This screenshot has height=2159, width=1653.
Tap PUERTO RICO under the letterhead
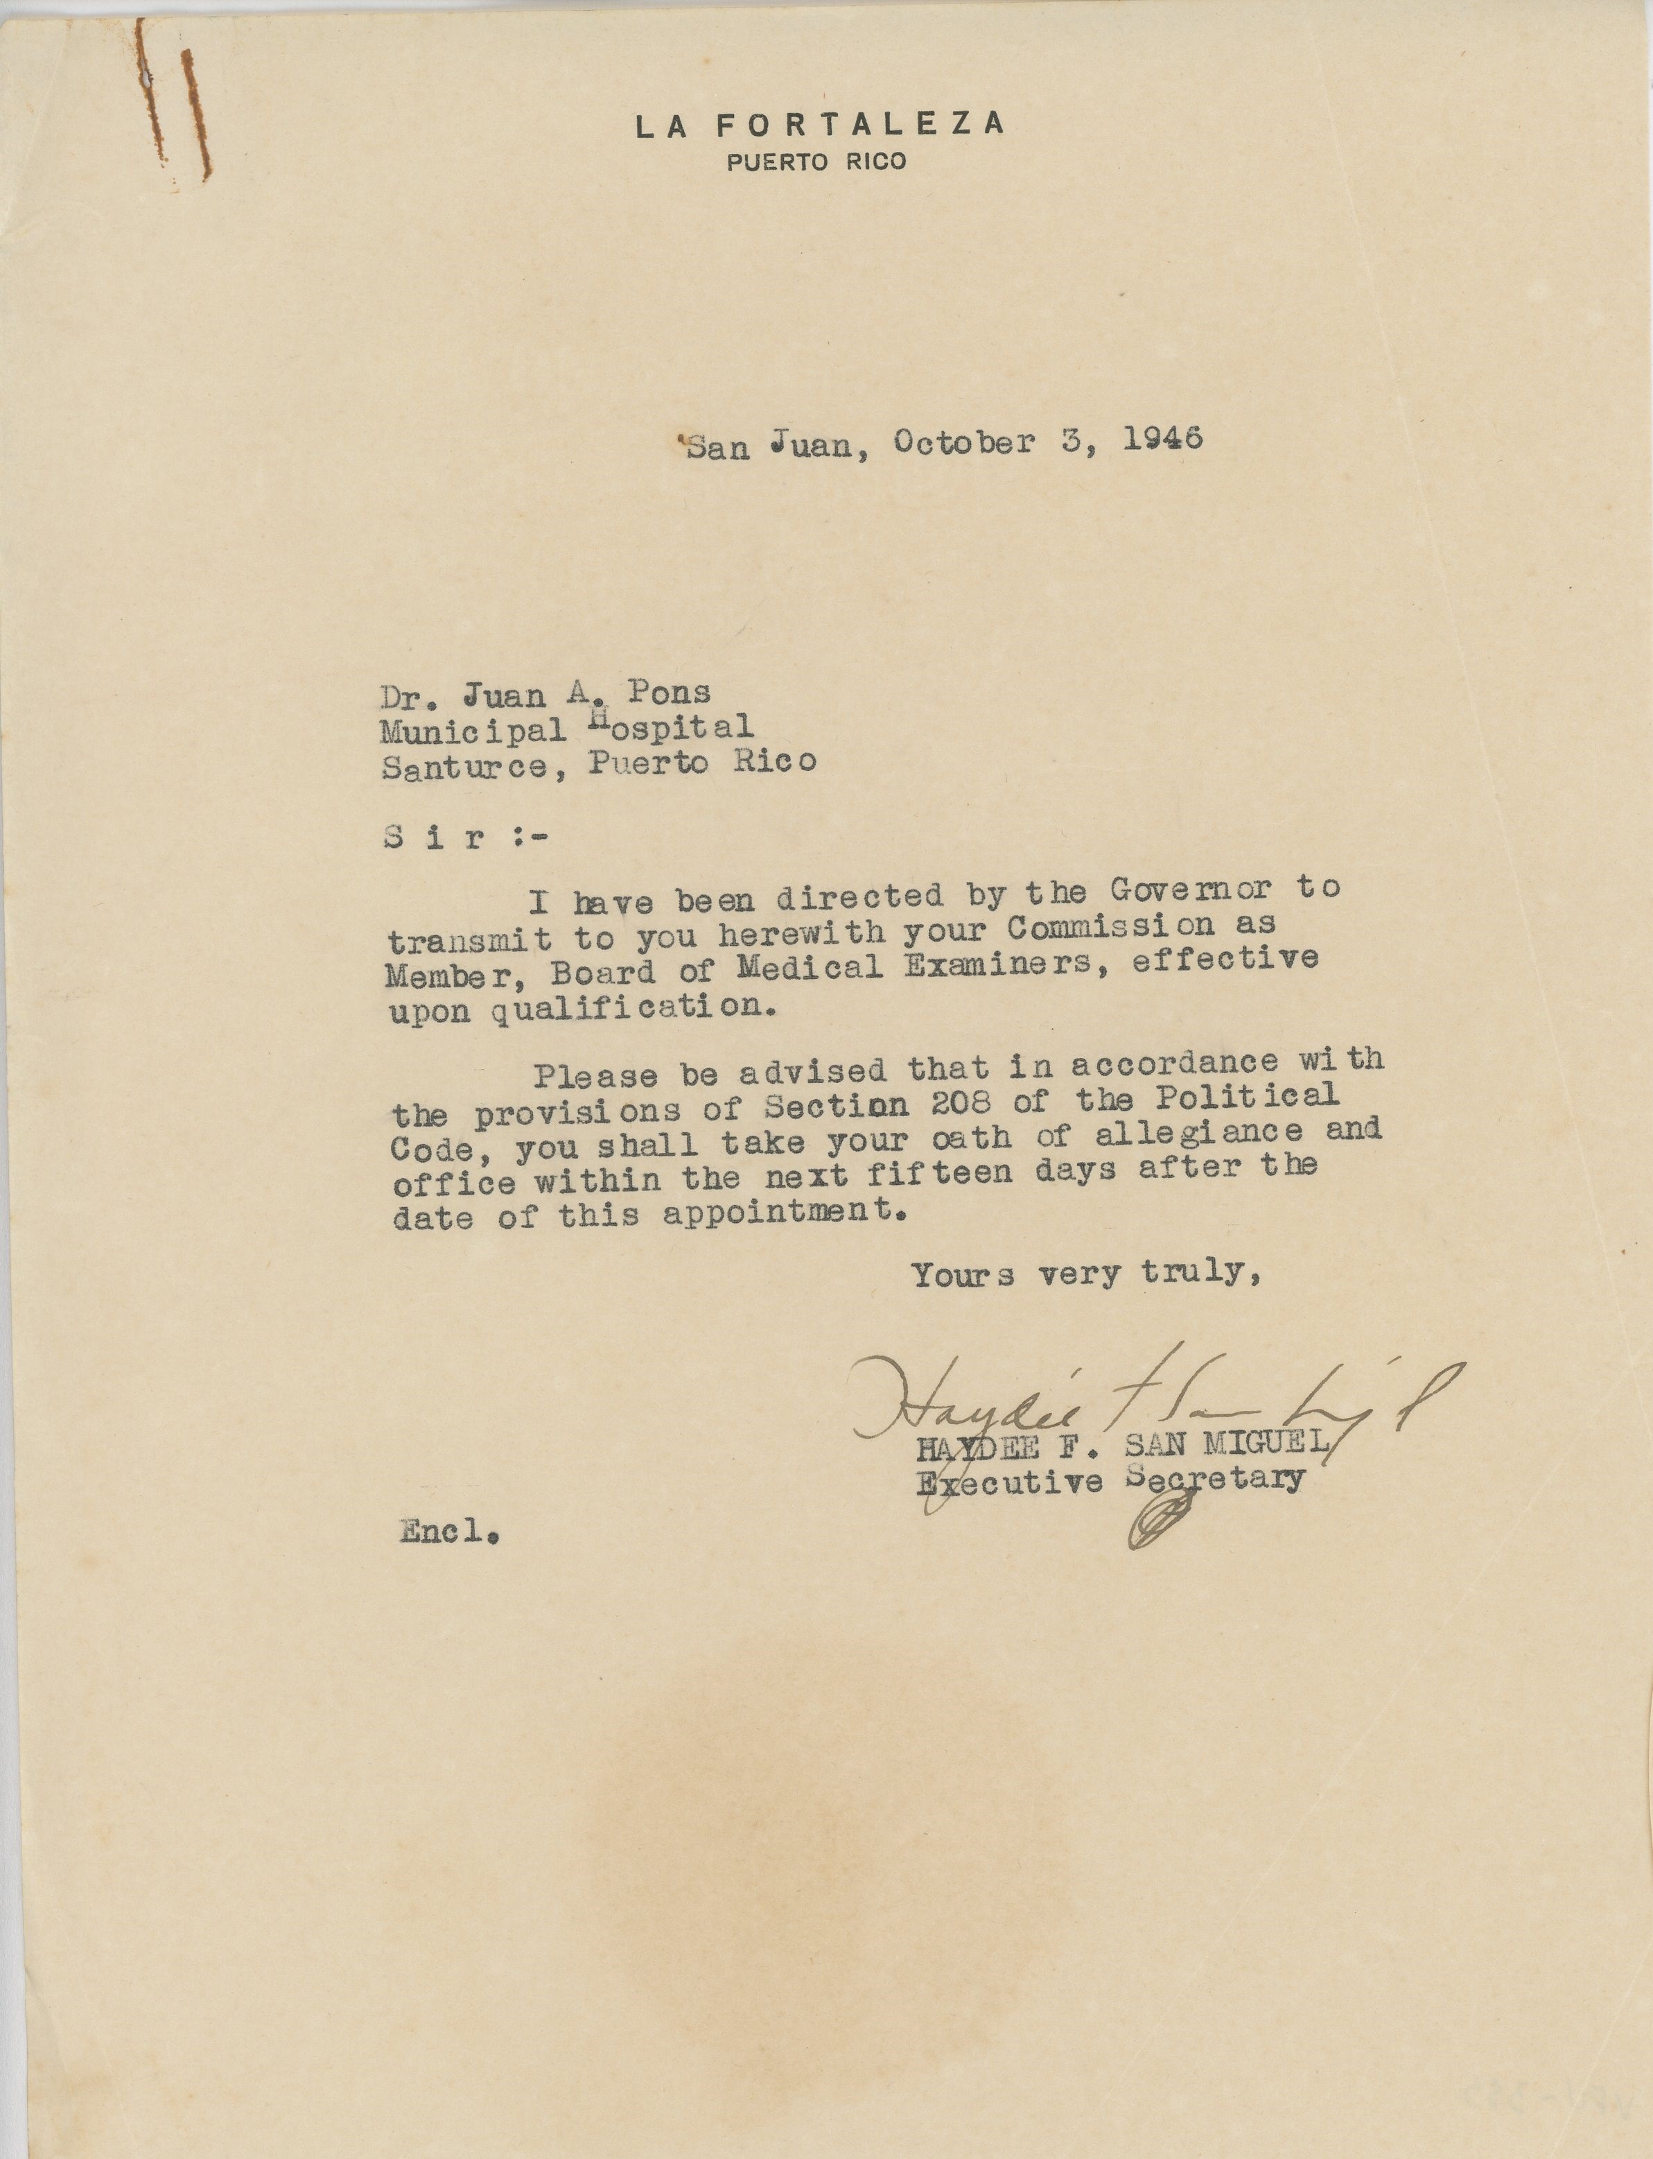tap(816, 162)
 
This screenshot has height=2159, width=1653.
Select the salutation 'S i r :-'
tap(462, 838)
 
